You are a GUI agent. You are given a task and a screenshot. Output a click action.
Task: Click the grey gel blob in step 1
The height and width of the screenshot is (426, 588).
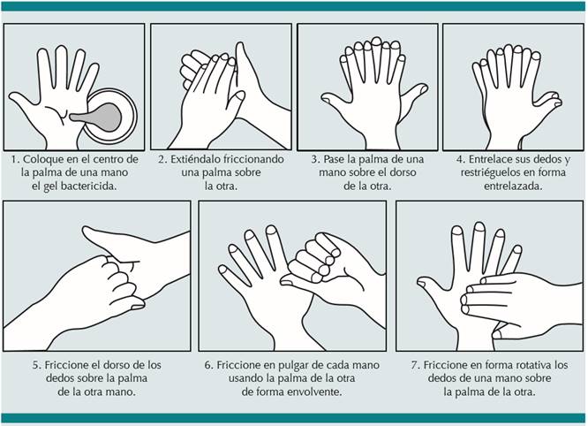101,117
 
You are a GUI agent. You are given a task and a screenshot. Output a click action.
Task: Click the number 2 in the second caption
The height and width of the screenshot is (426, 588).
162,159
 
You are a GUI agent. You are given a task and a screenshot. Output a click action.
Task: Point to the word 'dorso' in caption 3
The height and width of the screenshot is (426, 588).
403,172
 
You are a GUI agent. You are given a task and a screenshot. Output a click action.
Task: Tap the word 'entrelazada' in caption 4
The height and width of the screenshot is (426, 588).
512,186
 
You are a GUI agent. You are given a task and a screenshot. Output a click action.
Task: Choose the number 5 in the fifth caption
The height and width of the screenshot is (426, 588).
36,365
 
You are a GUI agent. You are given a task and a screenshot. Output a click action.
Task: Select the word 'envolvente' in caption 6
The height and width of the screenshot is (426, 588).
314,392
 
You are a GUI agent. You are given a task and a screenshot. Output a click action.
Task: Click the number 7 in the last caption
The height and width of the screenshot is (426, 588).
414,365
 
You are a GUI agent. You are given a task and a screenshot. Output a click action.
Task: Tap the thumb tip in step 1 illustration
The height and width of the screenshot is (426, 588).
12,97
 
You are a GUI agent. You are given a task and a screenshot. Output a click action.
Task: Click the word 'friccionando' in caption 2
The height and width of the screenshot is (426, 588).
253,159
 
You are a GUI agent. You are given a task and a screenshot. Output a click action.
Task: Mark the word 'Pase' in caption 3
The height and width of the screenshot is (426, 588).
334,159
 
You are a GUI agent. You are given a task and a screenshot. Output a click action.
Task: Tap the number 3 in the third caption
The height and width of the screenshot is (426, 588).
314,159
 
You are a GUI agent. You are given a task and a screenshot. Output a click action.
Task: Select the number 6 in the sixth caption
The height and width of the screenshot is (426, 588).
207,365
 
